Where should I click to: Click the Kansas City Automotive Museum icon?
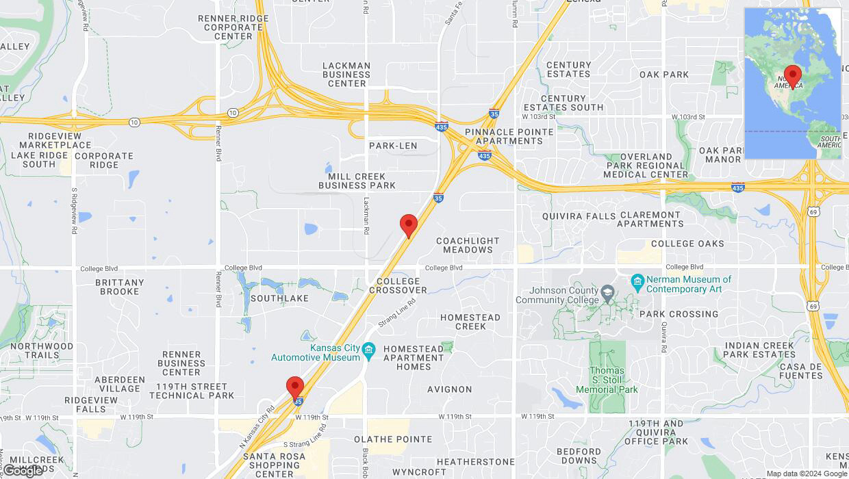368,350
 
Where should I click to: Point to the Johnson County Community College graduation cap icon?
607,294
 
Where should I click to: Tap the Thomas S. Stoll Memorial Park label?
607,380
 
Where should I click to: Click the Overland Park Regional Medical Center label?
646,166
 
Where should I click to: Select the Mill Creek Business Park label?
357,181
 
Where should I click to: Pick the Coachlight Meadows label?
468,245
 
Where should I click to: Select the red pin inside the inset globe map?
793,75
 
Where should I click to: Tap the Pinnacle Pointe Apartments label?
508,136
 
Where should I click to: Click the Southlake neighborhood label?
279,298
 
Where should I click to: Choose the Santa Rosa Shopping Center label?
274,465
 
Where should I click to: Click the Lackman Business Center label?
346,75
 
